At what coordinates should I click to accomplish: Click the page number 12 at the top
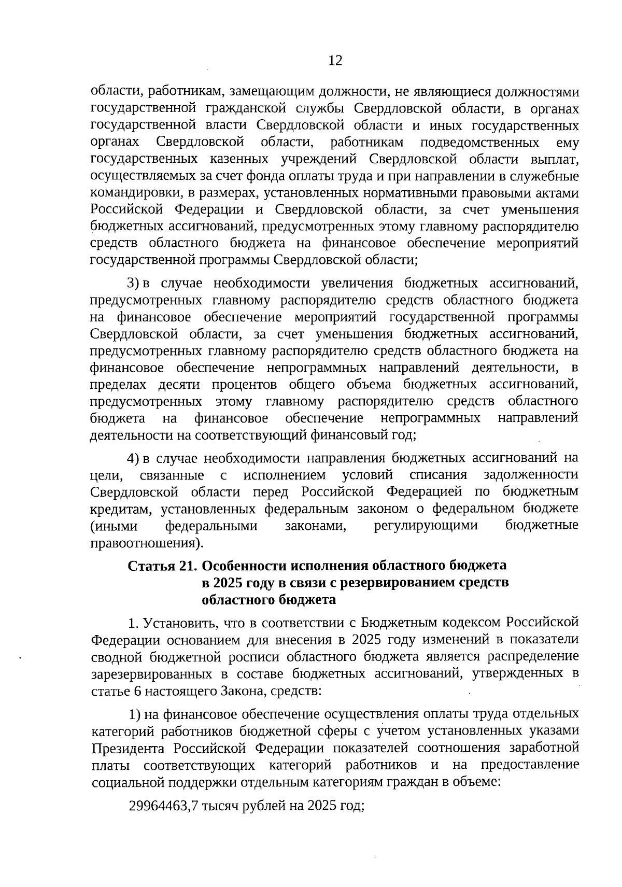click(x=335, y=61)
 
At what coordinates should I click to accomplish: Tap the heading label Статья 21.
click(x=161, y=566)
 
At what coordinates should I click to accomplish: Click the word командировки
click(x=134, y=193)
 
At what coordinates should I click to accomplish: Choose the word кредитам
click(x=120, y=509)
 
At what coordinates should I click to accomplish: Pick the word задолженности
click(x=531, y=474)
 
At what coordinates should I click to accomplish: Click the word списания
click(x=438, y=474)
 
